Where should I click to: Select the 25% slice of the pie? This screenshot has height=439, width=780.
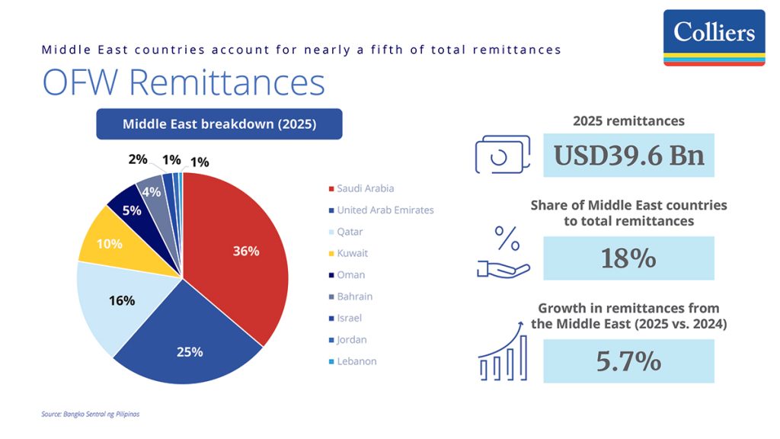(189, 344)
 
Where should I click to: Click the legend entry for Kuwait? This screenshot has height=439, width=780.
(348, 253)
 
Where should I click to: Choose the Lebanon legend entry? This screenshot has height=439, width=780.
(353, 361)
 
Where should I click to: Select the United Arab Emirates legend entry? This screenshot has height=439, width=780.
(381, 210)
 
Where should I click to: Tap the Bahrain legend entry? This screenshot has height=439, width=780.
(350, 296)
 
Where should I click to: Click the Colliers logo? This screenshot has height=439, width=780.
(714, 38)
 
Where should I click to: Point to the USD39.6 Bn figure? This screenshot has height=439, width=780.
(628, 155)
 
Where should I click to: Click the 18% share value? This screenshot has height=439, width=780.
(628, 258)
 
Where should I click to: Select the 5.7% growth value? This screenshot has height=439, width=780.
(628, 361)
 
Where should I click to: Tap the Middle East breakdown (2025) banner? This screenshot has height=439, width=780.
(219, 124)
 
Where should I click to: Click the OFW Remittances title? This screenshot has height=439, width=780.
(184, 82)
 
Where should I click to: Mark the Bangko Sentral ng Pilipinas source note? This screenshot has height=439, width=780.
(90, 414)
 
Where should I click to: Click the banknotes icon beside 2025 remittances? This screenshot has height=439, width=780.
(503, 154)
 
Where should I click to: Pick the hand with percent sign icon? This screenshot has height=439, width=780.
(503, 252)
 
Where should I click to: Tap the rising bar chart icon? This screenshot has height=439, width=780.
(503, 351)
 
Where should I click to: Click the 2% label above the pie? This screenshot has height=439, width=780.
(138, 159)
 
